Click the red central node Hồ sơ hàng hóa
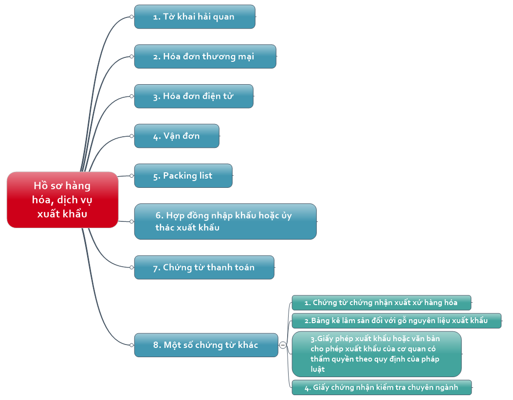tap(62, 200)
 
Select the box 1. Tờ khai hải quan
tap(195, 17)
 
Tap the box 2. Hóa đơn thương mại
tap(205, 56)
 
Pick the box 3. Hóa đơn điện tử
tap(194, 96)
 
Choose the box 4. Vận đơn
tap(177, 136)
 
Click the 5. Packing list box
tap(183, 176)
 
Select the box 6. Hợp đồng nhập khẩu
tap(225, 221)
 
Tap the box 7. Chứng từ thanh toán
tap(204, 268)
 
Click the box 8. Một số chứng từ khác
tap(206, 345)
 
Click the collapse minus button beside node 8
tap(283, 345)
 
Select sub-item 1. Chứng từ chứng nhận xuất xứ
tap(382, 303)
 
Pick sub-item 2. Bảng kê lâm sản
tap(397, 321)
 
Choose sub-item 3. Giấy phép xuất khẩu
tap(377, 354)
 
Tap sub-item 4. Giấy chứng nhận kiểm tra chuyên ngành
tap(382, 387)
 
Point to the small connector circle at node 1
tap(131, 17)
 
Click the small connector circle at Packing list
tap(131, 176)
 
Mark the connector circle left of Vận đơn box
tap(131, 136)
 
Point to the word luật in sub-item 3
tap(318, 369)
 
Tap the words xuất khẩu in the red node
tap(62, 214)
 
